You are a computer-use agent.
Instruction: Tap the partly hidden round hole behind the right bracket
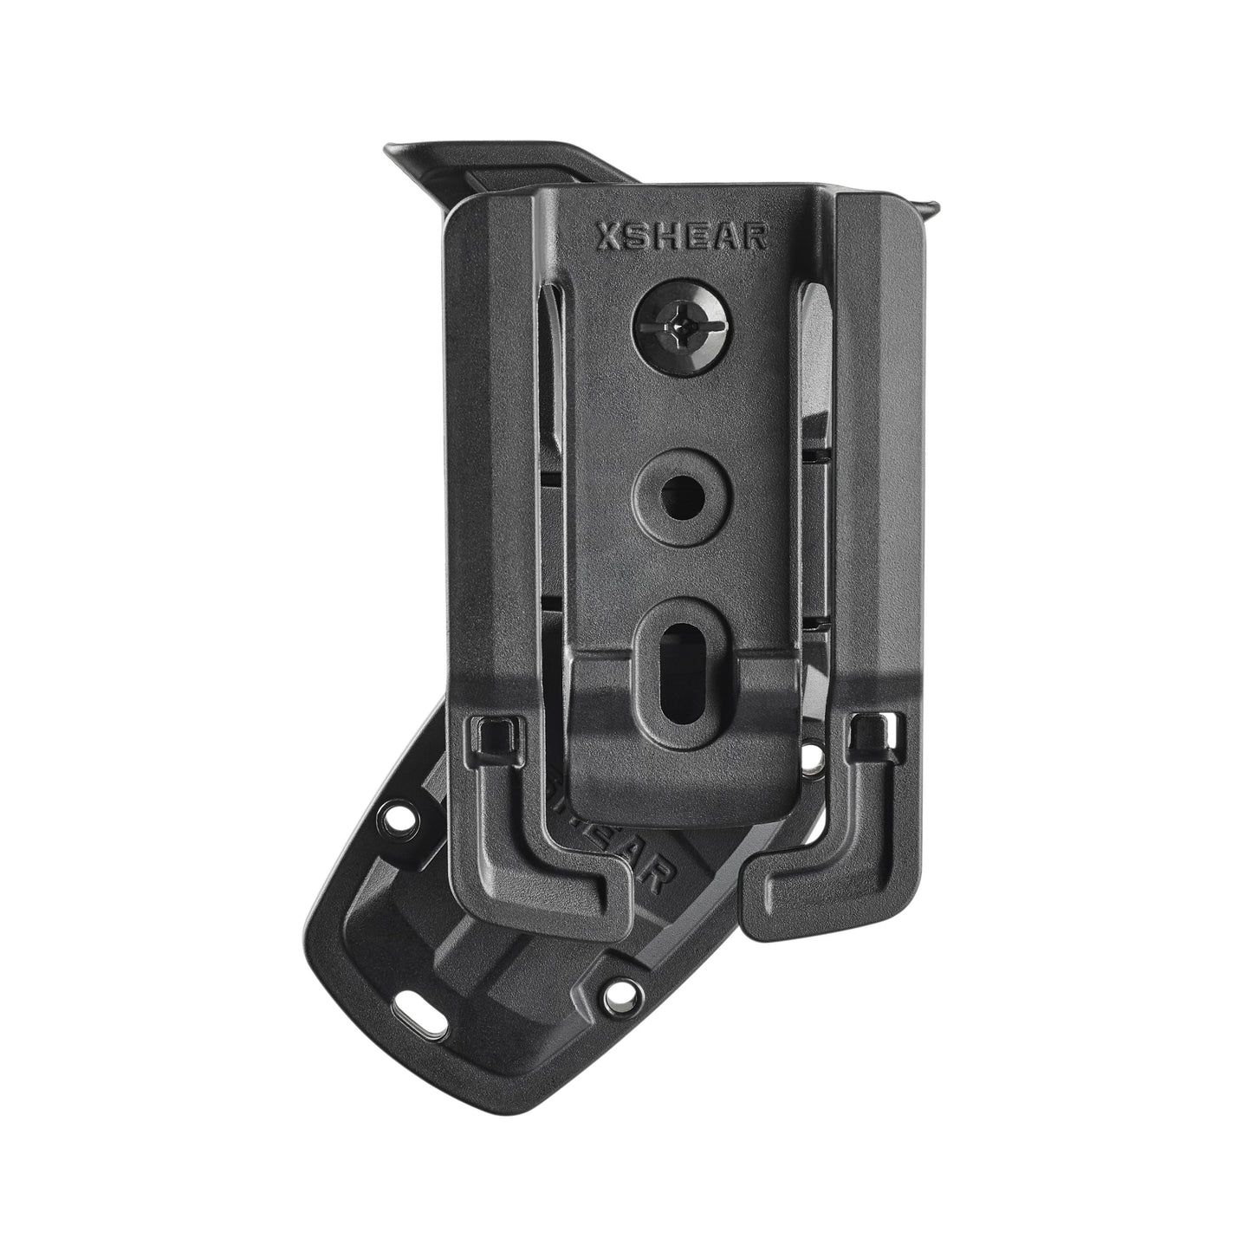coord(812,754)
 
